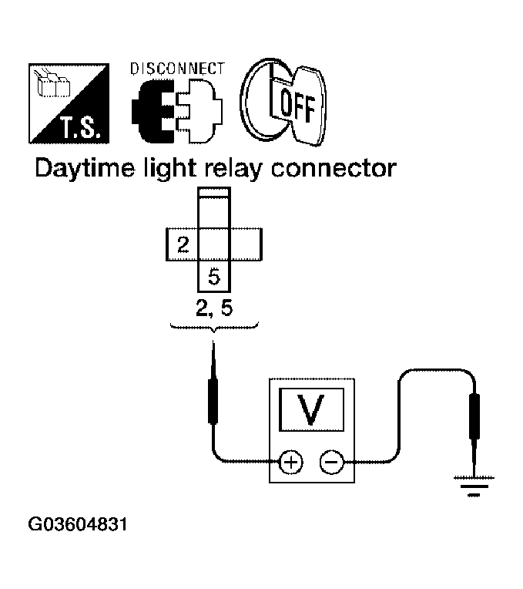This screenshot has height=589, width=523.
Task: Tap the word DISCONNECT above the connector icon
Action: [176, 69]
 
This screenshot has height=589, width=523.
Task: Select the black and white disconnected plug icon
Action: [177, 112]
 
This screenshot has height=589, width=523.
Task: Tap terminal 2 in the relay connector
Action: [183, 246]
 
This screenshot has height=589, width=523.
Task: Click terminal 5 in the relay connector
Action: [214, 276]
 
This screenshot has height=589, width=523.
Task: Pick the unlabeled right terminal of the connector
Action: [246, 246]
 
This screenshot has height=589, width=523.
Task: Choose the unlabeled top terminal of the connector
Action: [214, 211]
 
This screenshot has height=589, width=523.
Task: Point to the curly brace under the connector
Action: [213, 329]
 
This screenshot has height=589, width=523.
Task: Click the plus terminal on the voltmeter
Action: [290, 462]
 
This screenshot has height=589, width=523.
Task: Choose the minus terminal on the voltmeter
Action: [331, 462]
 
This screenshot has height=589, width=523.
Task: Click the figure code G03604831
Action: [77, 526]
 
